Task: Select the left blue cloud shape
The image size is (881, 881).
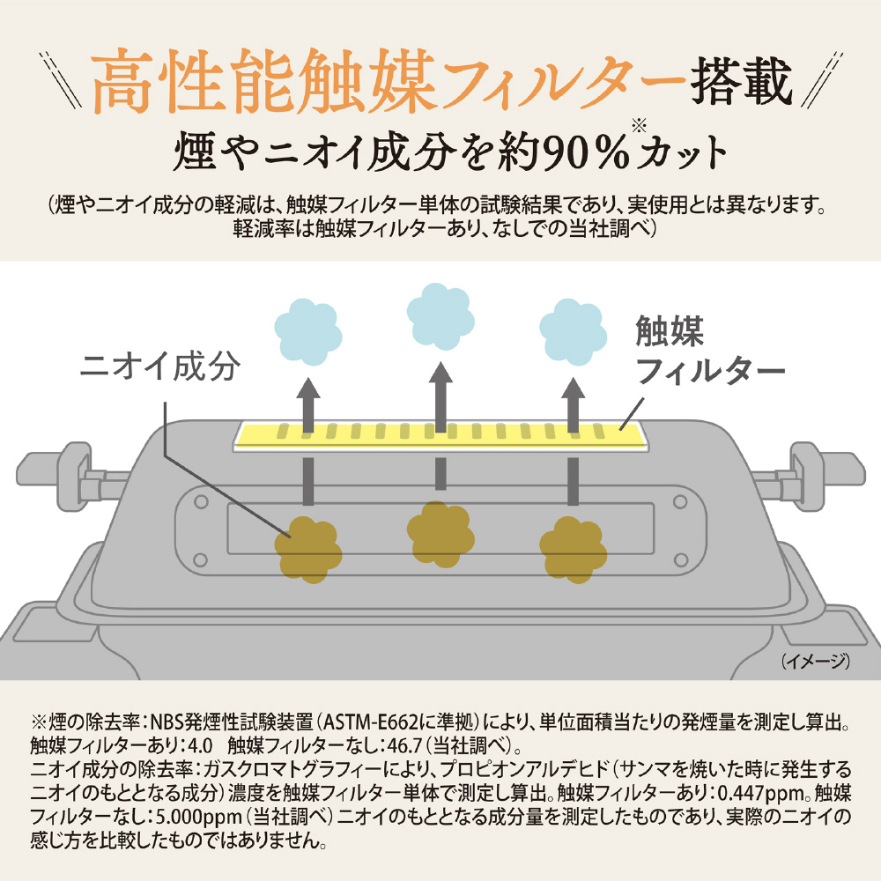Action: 307,332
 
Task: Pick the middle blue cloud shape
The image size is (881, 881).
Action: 440,316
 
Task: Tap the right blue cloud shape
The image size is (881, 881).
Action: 574,332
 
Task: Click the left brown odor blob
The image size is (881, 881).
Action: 307,550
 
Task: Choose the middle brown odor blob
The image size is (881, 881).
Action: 440,535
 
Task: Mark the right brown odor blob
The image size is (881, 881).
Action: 574,550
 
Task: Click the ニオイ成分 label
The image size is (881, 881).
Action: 160,367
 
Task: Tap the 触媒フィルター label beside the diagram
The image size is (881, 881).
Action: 709,350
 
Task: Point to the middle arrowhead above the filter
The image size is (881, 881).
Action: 440,373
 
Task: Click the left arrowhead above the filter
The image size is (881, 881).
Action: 307,389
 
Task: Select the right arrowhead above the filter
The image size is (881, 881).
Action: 574,389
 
